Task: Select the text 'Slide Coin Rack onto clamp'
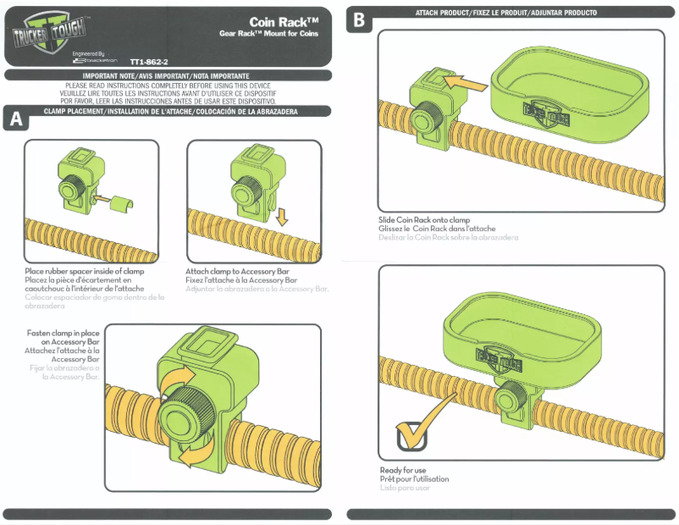(424, 220)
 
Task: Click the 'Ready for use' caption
(403, 470)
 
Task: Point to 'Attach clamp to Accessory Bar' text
(240, 271)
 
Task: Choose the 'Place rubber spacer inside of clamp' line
(85, 271)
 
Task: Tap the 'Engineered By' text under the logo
(90, 52)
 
